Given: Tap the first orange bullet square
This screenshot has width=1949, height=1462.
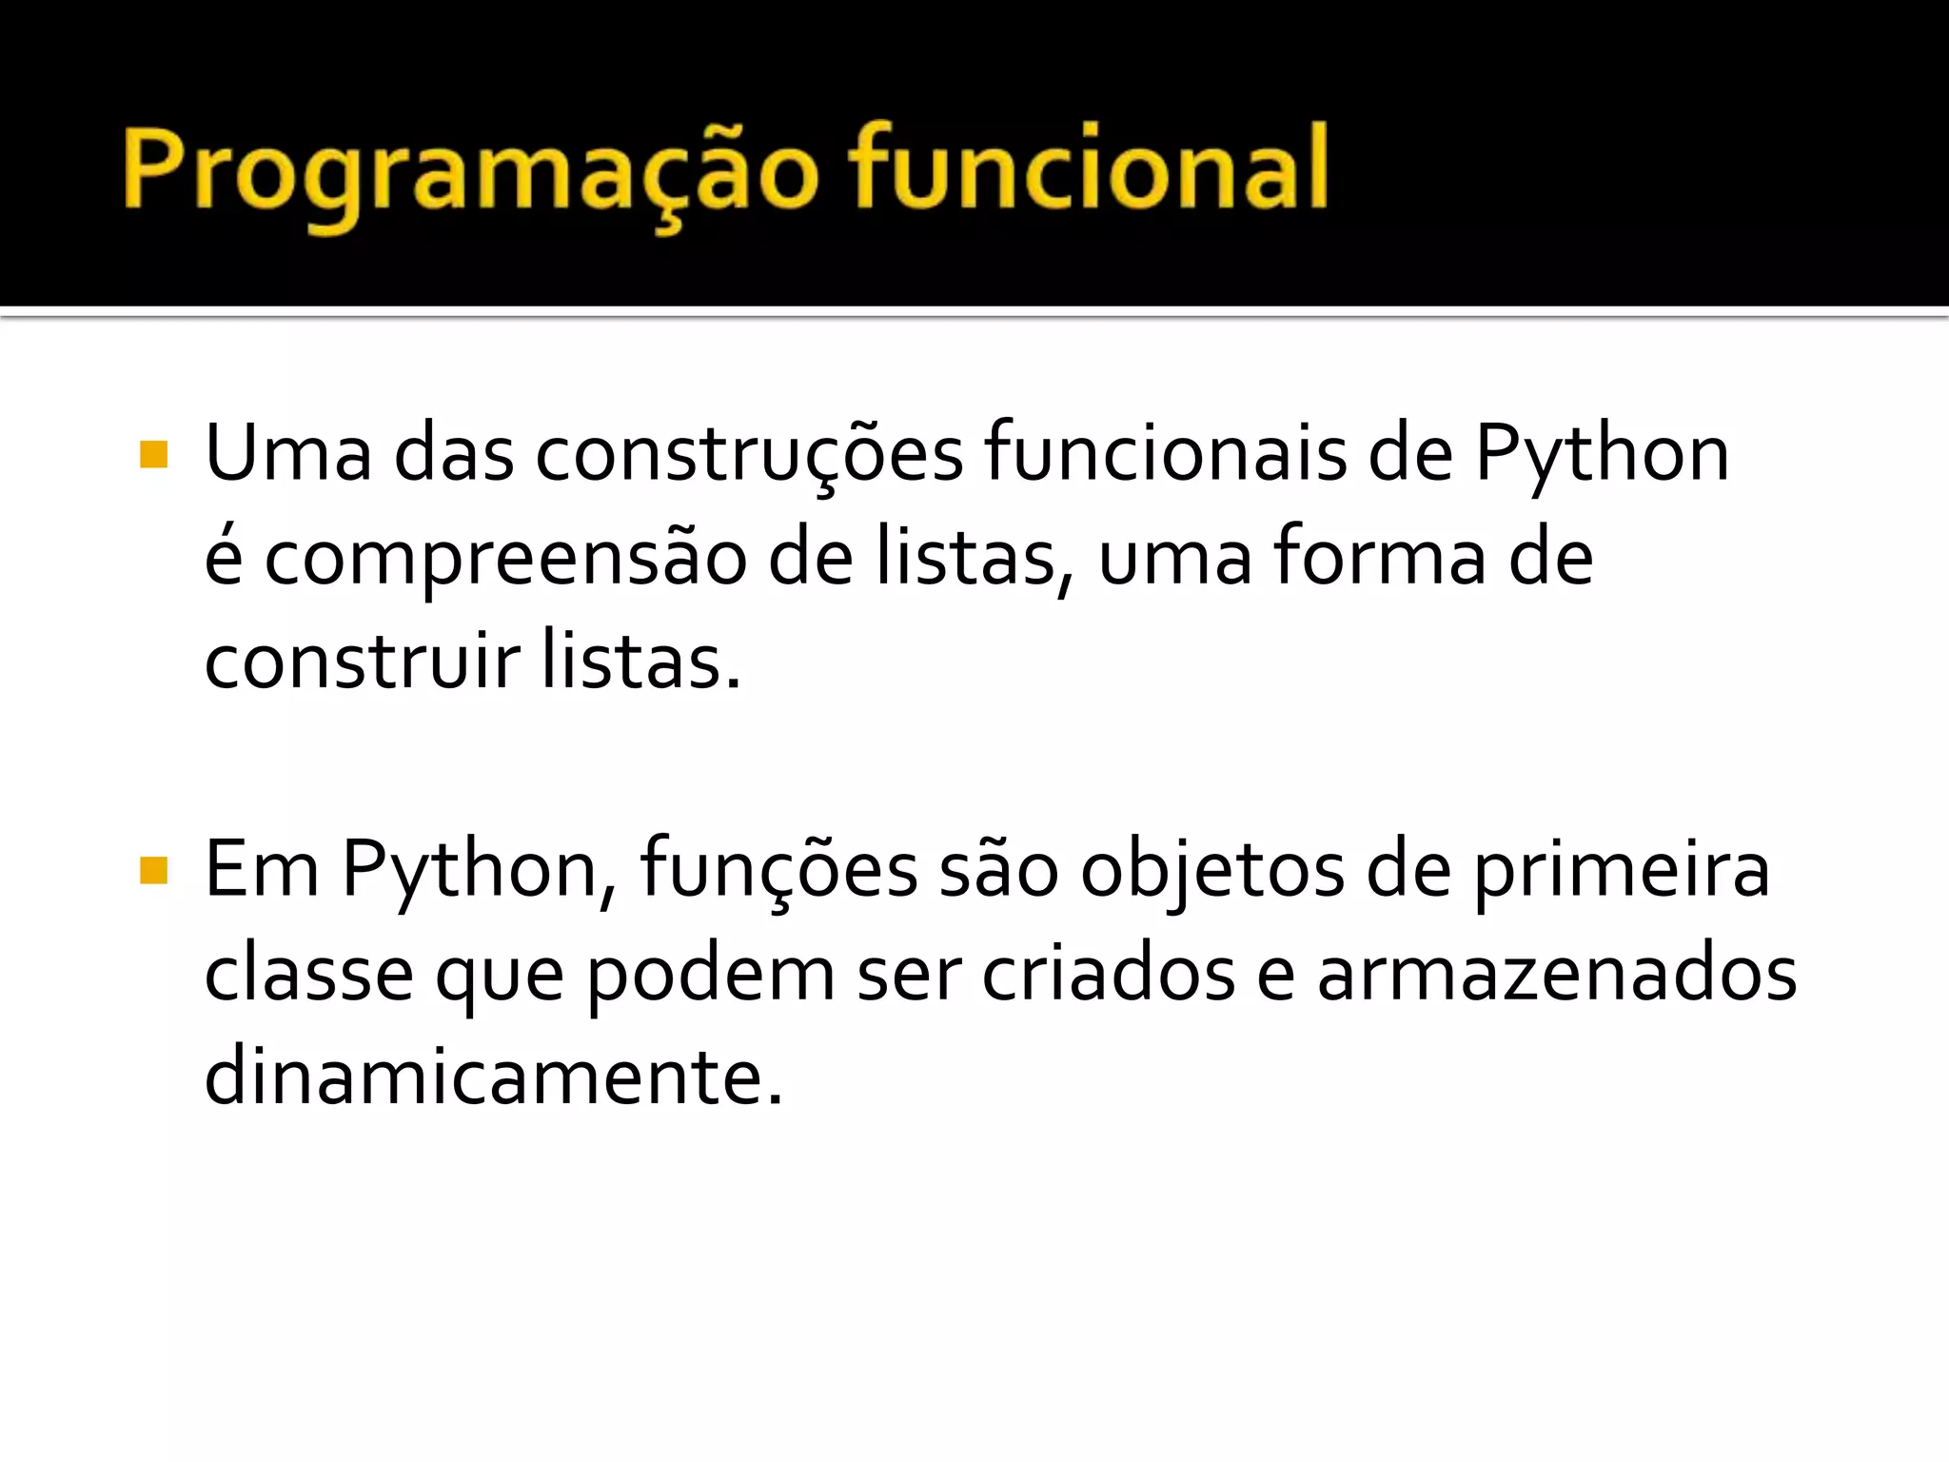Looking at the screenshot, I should pos(153,455).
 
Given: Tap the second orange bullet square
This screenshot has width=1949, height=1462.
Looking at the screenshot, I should pos(153,870).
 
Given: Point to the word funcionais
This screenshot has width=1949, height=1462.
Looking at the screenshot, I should pos(1165,455).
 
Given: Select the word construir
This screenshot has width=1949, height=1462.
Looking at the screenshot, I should pos(363,662).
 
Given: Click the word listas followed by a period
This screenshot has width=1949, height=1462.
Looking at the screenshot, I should pos(639,662).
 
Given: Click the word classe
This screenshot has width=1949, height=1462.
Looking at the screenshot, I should pos(308,975).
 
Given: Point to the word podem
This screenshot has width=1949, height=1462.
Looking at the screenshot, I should pos(710,975).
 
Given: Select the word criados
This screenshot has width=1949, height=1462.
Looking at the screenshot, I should pos(1108,975).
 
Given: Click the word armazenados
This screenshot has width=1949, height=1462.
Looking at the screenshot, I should pos(1556,975).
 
